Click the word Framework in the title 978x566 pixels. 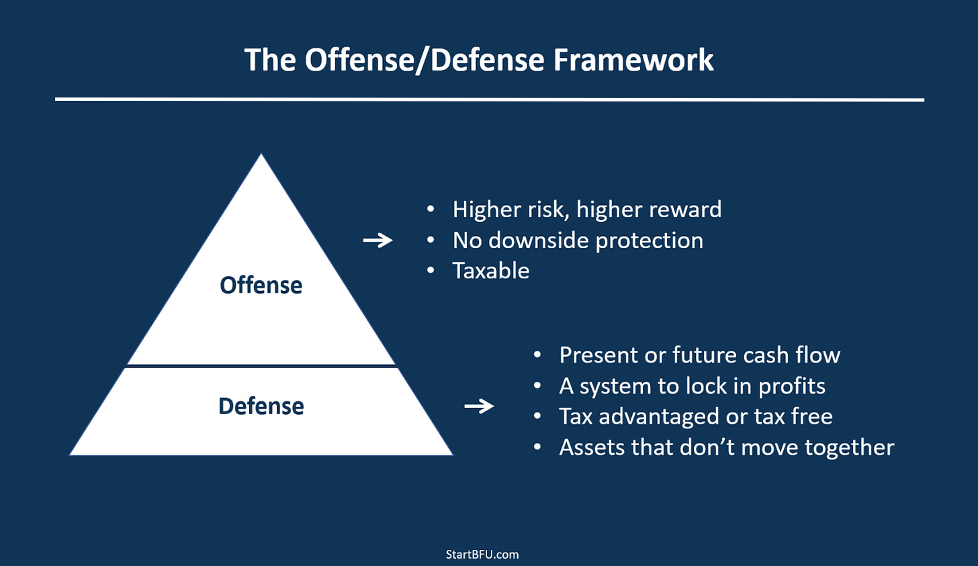point(633,60)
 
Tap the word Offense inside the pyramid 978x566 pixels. point(261,285)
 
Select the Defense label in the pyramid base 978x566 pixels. point(261,406)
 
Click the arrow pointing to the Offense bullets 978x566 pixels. point(377,240)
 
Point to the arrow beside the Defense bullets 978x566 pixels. point(479,406)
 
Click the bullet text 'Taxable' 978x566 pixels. point(491,270)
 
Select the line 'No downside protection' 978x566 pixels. point(578,240)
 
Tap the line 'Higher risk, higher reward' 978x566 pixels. point(586,209)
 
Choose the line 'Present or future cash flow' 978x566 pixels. point(699,355)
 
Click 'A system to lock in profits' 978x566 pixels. point(692,386)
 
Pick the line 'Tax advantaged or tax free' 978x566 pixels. point(695,416)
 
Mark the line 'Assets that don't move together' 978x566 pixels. point(726,447)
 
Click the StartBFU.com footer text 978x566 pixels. point(482,555)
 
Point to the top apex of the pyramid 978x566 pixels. point(261,155)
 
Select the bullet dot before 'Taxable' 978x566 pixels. point(431,270)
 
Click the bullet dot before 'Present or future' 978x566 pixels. point(537,355)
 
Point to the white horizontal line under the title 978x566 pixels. point(489,99)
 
